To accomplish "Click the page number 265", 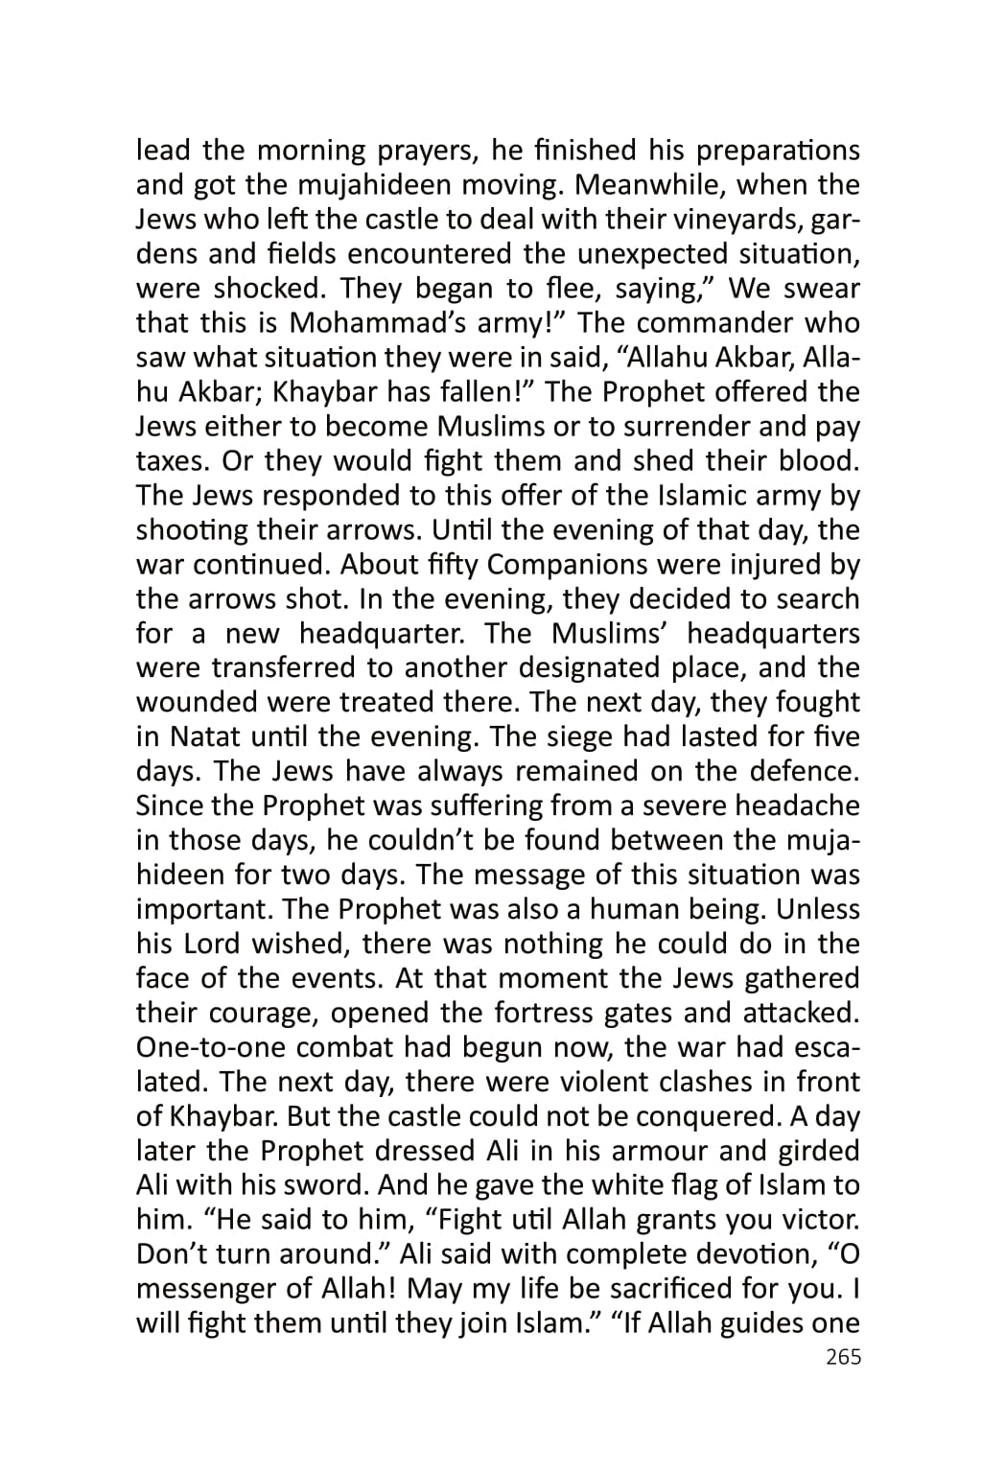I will [843, 1357].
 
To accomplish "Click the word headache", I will [797, 807].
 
